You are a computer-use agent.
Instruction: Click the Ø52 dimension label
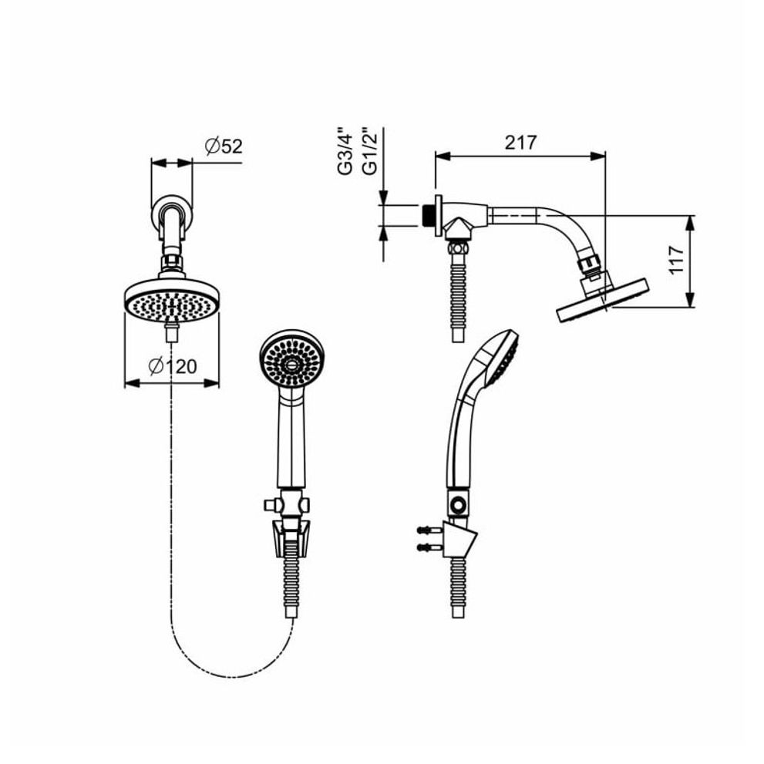pyautogui.click(x=224, y=146)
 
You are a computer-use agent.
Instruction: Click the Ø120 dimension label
pyautogui.click(x=173, y=366)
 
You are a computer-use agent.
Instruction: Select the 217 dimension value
pyautogui.click(x=520, y=143)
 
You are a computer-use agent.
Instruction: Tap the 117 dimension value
pyautogui.click(x=676, y=260)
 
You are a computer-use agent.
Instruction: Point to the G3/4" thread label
pyautogui.click(x=345, y=152)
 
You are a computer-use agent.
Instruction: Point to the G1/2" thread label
pyautogui.click(x=370, y=152)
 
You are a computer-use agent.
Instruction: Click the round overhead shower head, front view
pyautogui.click(x=171, y=301)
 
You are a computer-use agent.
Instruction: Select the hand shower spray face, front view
pyautogui.click(x=292, y=360)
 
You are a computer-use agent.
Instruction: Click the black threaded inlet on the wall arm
pyautogui.click(x=429, y=215)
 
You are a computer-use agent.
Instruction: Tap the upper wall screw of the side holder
pyautogui.click(x=429, y=530)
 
